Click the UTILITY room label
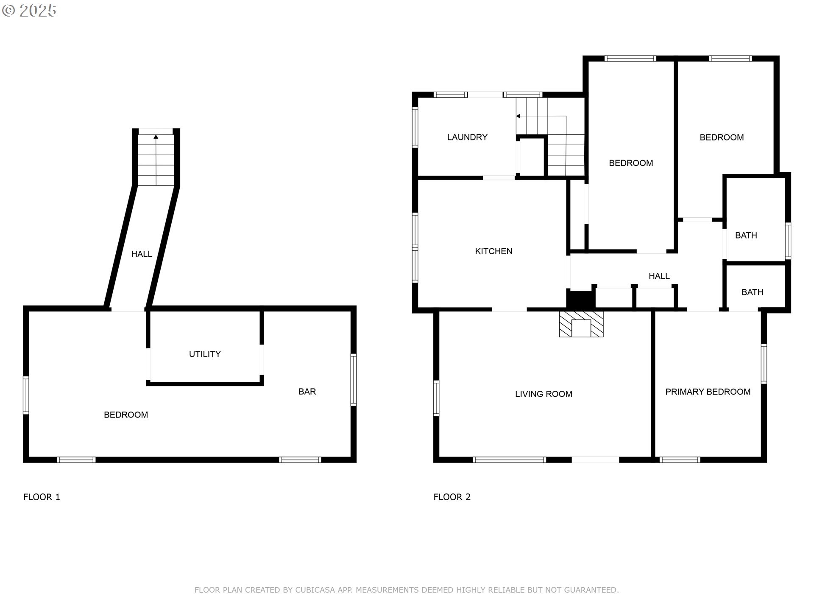coord(205,354)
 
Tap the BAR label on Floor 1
coord(307,392)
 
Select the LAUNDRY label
coord(467,137)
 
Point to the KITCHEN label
coord(493,251)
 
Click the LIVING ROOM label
coord(544,394)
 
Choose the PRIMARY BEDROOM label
coord(708,392)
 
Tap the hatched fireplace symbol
coord(581,324)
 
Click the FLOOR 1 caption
coord(42,497)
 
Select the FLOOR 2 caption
coord(452,497)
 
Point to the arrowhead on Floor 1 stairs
coord(156,137)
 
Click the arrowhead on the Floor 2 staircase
coord(518,116)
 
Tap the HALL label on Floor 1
coord(142,254)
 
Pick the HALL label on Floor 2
coord(659,276)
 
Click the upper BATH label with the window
coord(746,235)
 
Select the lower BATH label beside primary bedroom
coord(752,292)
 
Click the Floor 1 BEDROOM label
coord(126,415)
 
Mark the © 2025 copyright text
coord(29,11)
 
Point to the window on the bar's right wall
coord(353,380)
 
